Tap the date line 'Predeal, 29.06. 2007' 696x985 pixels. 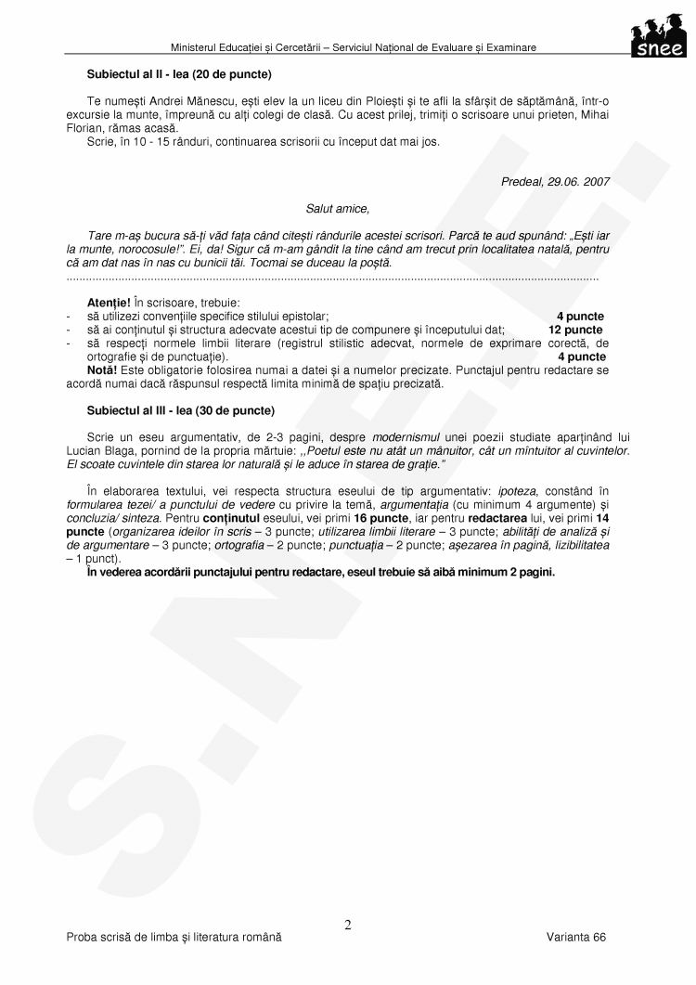click(x=555, y=182)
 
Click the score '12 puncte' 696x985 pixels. click(x=575, y=330)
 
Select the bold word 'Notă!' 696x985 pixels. click(x=100, y=369)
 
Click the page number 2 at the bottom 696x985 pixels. click(x=348, y=924)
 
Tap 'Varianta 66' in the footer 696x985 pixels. click(x=576, y=938)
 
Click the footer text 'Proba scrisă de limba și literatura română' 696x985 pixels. click(x=174, y=938)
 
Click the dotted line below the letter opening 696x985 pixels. click(x=333, y=278)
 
